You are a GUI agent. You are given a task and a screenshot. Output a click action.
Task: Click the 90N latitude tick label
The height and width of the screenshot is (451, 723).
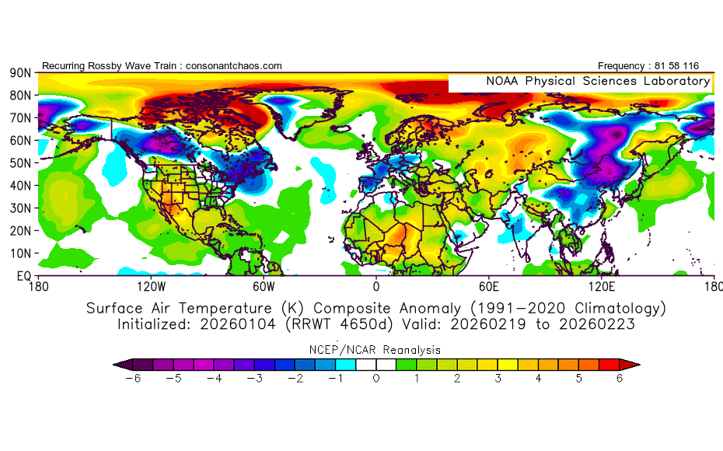pyautogui.click(x=20, y=72)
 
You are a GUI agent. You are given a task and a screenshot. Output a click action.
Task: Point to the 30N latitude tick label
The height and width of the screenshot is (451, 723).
pyautogui.click(x=20, y=208)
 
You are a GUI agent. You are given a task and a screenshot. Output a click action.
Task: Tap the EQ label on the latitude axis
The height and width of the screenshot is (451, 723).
pyautogui.click(x=23, y=276)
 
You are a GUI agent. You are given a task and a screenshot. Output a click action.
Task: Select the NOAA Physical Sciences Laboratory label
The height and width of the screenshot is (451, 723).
pyautogui.click(x=598, y=82)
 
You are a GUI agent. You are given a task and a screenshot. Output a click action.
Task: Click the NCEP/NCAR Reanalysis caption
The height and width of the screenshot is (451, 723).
pyautogui.click(x=376, y=349)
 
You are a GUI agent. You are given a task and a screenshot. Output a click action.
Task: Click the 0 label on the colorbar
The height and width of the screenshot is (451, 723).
pyautogui.click(x=376, y=378)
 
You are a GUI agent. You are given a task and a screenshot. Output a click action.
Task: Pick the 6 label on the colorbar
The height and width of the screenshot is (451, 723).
pyautogui.click(x=619, y=378)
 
